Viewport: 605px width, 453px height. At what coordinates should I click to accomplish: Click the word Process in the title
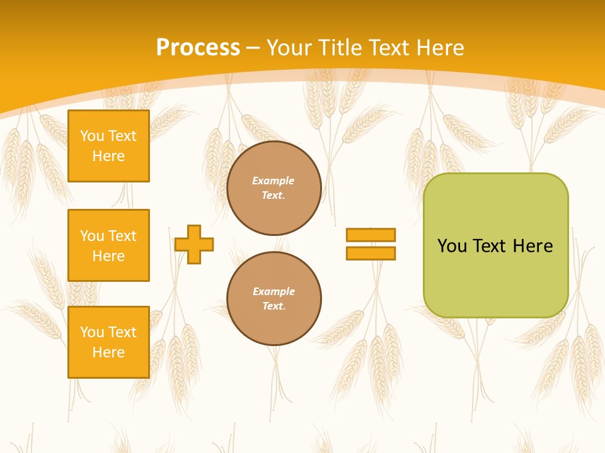[x=198, y=48]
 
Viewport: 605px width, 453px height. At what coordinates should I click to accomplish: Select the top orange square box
[x=108, y=146]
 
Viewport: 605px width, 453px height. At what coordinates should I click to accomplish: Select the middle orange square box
[x=108, y=245]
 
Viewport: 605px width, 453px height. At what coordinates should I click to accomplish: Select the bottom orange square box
[x=108, y=342]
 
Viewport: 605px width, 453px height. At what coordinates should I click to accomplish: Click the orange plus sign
[x=194, y=244]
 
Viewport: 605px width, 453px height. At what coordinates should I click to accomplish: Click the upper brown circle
[x=274, y=188]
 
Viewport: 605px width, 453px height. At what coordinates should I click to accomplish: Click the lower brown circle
[x=274, y=299]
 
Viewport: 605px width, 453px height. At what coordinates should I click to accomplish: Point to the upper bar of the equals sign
[x=371, y=235]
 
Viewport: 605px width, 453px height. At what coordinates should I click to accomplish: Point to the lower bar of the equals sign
[x=371, y=253]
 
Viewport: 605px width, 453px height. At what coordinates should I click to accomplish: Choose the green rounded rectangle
[x=495, y=277]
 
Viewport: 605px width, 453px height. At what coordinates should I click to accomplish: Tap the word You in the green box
[x=452, y=246]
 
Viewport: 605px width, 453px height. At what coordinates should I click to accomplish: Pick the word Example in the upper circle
[x=274, y=181]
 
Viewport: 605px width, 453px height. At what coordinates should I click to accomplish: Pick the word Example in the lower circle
[x=274, y=292]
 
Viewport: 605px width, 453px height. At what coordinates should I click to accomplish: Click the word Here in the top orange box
[x=108, y=156]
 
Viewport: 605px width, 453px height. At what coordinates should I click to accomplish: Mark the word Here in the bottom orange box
[x=108, y=352]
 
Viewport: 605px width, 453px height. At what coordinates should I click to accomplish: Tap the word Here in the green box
[x=533, y=246]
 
